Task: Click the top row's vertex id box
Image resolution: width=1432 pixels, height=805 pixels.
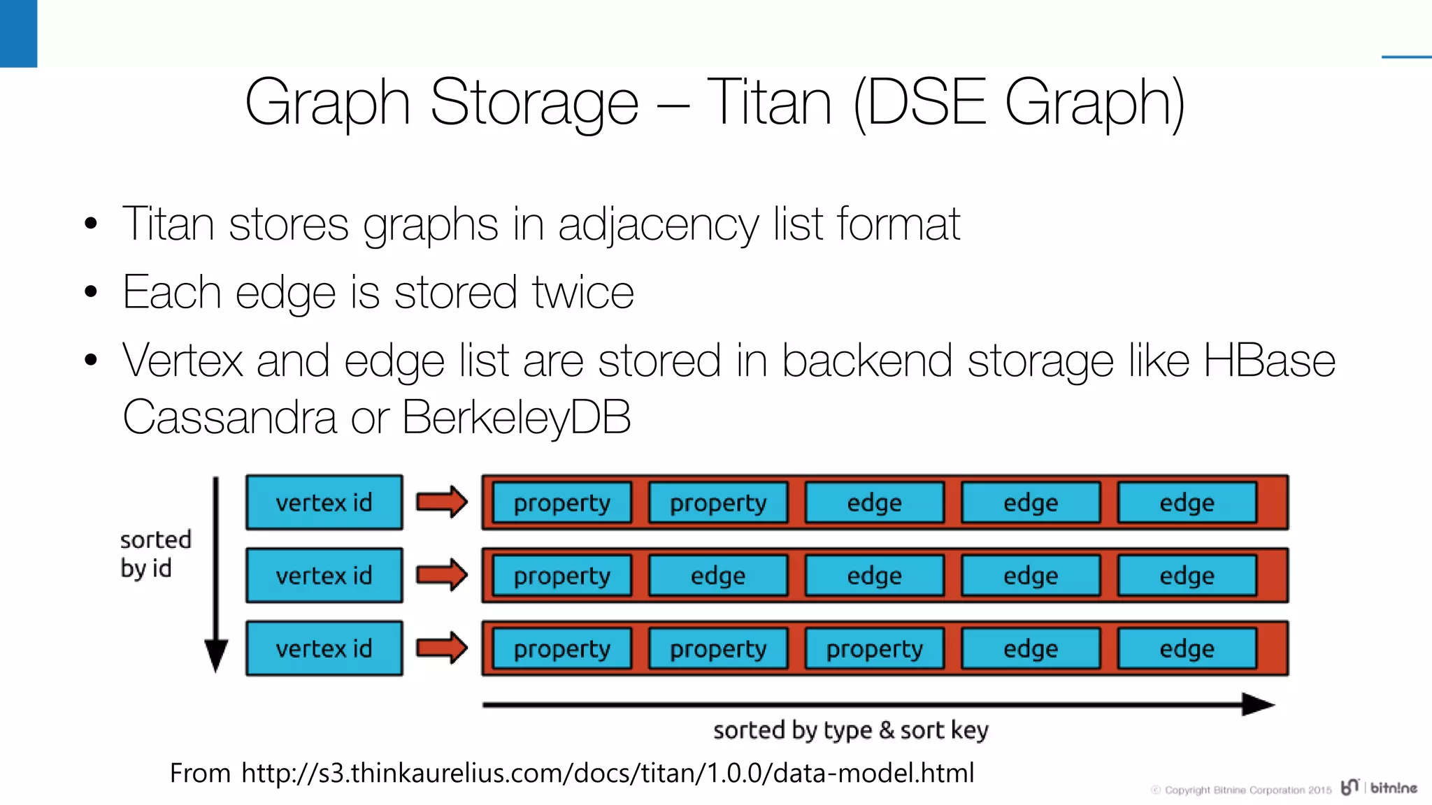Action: click(x=324, y=502)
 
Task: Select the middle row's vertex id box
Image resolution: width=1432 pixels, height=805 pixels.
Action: click(x=324, y=575)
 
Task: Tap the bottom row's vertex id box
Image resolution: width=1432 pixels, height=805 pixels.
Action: click(x=324, y=648)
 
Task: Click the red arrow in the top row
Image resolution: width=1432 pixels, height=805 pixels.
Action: click(x=441, y=502)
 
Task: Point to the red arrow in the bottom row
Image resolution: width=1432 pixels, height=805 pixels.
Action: click(x=441, y=648)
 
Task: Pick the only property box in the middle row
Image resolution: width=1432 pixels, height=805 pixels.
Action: click(x=562, y=575)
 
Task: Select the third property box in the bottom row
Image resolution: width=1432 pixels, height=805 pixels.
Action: click(x=875, y=648)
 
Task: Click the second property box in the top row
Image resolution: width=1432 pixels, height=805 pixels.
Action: click(x=718, y=502)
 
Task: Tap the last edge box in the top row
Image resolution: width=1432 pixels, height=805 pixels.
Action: click(x=1187, y=502)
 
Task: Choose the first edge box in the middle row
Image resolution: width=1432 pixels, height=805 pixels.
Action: click(x=718, y=575)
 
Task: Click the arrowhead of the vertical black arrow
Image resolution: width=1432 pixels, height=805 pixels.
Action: click(x=216, y=656)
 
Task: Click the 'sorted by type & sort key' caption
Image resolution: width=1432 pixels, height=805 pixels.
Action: click(x=850, y=730)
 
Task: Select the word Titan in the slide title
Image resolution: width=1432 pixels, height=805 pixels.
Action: click(x=769, y=103)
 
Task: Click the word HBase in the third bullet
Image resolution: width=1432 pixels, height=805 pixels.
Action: click(x=1269, y=361)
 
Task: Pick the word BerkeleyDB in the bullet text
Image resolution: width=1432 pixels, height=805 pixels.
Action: click(x=516, y=417)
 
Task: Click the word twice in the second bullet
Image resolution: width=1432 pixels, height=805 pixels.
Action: click(x=582, y=292)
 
